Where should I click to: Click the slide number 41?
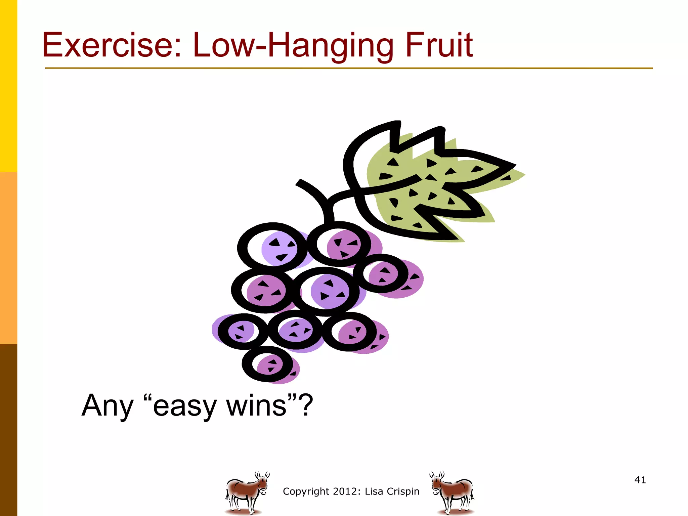pyautogui.click(x=640, y=480)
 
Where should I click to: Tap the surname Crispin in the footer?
pyautogui.click(x=403, y=491)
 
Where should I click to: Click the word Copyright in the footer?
pyautogui.click(x=306, y=491)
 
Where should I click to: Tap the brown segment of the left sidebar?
pyautogui.click(x=8, y=430)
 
